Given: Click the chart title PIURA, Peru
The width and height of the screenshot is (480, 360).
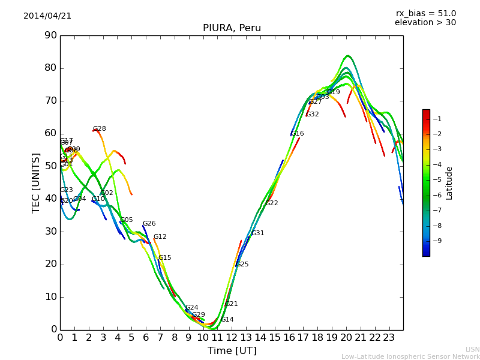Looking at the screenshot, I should (x=232, y=28).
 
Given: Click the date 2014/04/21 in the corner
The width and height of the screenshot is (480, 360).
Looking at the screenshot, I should (x=47, y=16).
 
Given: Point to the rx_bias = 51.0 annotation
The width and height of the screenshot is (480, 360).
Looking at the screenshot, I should (x=425, y=13).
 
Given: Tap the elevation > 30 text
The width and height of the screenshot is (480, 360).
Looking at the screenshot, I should (x=425, y=23).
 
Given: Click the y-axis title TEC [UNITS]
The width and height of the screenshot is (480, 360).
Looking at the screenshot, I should (x=36, y=182).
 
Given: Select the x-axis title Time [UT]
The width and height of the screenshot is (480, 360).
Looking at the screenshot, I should (x=232, y=350).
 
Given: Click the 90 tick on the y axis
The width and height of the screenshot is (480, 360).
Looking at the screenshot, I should (x=50, y=35).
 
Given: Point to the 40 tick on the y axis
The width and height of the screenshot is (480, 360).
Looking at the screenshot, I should (x=50, y=199).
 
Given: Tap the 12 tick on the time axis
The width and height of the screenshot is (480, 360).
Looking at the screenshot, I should (x=232, y=337).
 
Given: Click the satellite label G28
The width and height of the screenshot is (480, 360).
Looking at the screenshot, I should (x=99, y=129).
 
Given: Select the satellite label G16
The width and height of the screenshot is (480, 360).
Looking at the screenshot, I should (x=297, y=134).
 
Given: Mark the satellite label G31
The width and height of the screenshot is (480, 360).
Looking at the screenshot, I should (x=257, y=233).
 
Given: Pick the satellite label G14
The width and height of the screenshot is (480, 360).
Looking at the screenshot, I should (x=227, y=320).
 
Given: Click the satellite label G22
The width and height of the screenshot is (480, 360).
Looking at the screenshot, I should (x=272, y=203).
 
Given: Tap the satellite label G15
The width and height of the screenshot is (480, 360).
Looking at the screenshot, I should (x=164, y=258).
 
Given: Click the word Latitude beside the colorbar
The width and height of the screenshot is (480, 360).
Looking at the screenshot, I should (x=449, y=183).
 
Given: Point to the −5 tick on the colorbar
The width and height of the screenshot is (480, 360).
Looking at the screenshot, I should (x=438, y=179).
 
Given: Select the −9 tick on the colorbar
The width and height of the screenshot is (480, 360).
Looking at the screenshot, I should (x=438, y=241).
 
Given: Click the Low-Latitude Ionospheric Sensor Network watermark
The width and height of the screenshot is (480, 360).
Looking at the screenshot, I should (x=410, y=356).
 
